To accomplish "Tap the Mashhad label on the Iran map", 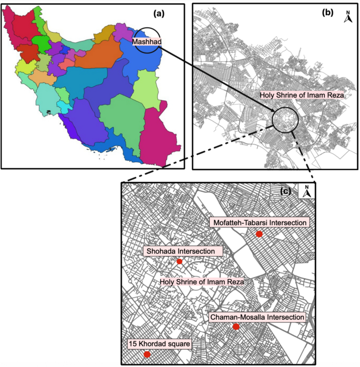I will tap(146, 41).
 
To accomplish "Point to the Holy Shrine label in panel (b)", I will tap(302, 96).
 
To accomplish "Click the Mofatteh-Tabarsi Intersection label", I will tap(259, 223).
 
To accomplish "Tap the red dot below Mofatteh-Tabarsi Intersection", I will tap(259, 234).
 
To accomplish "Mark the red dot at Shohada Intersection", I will tap(179, 261).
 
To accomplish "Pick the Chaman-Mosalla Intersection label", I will tap(257, 317).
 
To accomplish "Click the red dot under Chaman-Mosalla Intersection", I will tap(236, 327).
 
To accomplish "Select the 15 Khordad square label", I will tap(159, 344).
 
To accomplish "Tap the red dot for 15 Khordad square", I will tap(147, 355).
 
